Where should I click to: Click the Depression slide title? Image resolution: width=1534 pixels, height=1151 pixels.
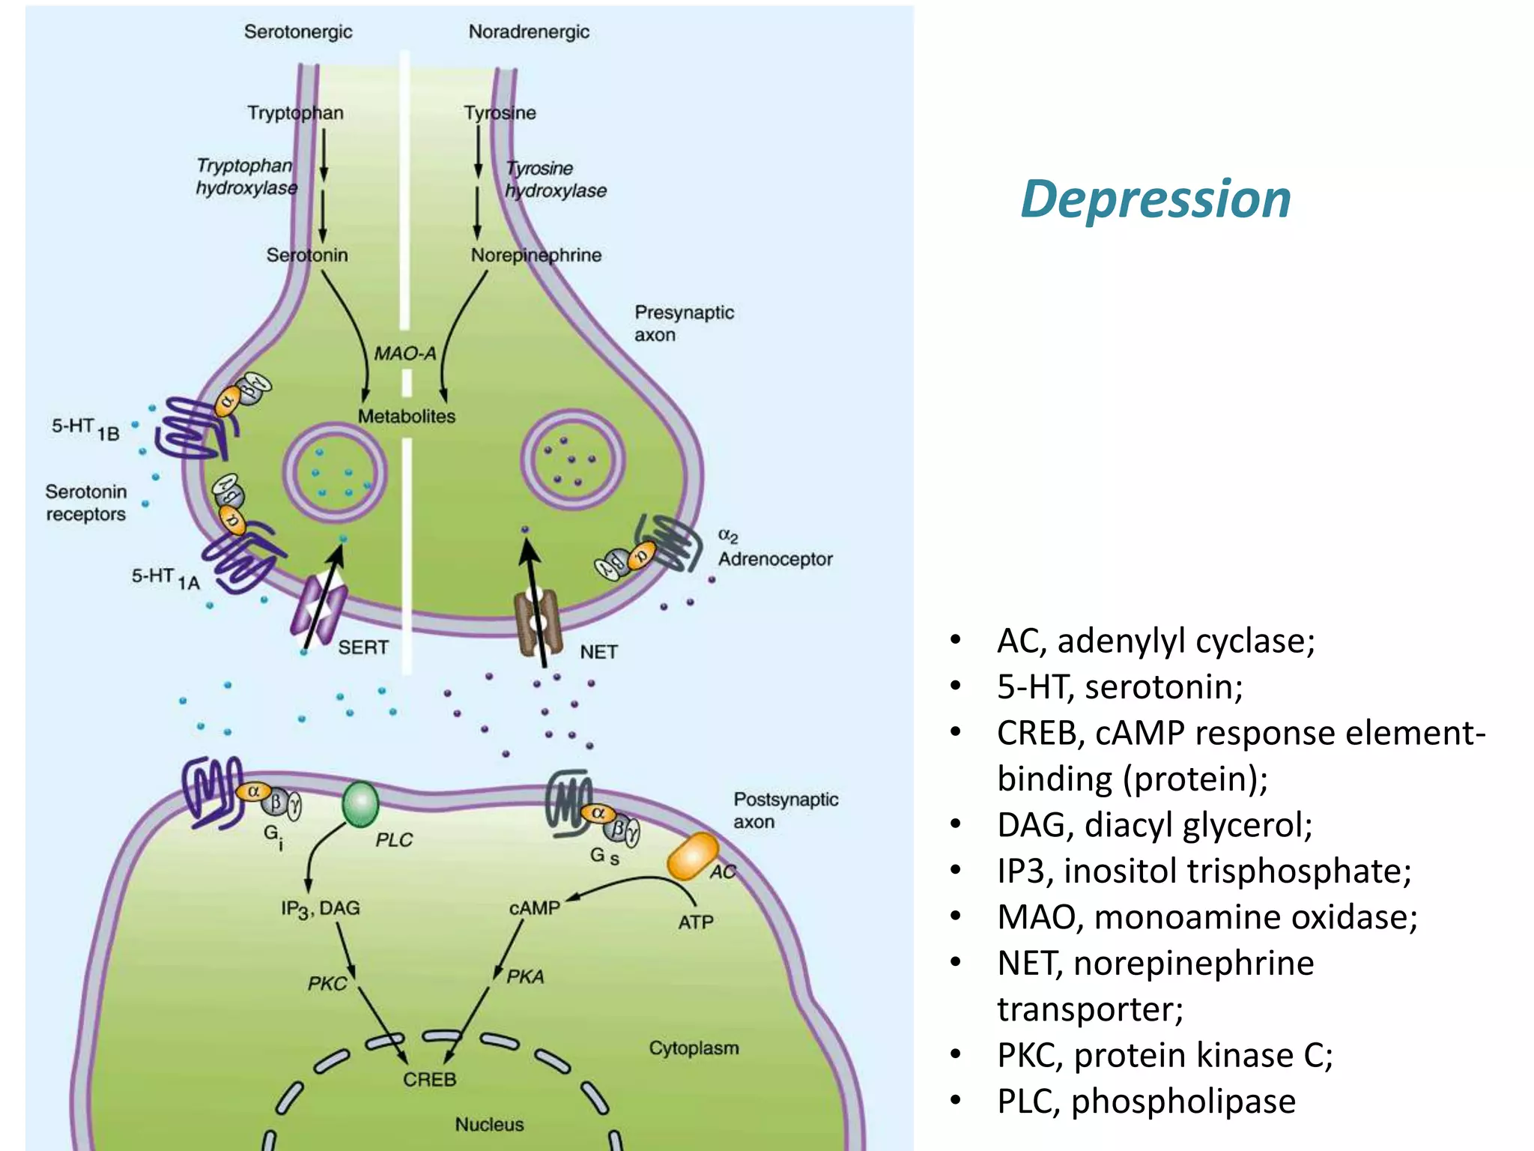click(x=1156, y=199)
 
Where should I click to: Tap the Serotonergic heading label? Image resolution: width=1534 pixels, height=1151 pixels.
click(x=298, y=32)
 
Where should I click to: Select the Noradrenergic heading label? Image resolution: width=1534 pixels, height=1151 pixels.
click(x=529, y=32)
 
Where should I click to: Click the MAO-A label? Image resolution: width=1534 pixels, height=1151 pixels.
click(x=405, y=353)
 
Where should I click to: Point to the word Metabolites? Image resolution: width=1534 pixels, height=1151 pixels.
click(x=407, y=417)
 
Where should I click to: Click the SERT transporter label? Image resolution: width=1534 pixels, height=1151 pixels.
click(x=363, y=647)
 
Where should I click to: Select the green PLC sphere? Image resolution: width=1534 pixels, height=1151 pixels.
click(x=360, y=804)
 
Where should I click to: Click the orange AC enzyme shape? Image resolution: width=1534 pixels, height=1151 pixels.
click(x=693, y=856)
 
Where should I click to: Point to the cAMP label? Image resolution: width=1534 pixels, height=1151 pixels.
click(x=534, y=908)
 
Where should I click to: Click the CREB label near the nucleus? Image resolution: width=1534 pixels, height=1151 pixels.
click(x=429, y=1080)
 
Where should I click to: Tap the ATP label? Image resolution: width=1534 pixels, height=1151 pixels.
click(x=695, y=922)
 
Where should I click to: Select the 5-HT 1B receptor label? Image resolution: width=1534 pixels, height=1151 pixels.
click(x=85, y=429)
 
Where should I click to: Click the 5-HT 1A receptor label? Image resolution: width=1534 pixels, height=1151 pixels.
click(x=165, y=578)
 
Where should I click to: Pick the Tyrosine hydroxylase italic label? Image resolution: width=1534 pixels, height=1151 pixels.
click(x=555, y=180)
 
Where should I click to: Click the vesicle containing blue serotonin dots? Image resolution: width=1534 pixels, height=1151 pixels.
click(x=335, y=473)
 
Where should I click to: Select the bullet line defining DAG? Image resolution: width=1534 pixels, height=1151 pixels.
click(x=1154, y=825)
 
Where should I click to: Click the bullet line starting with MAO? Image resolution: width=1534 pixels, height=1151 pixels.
click(x=1207, y=917)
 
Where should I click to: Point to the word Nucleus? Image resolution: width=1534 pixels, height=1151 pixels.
click(x=489, y=1125)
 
